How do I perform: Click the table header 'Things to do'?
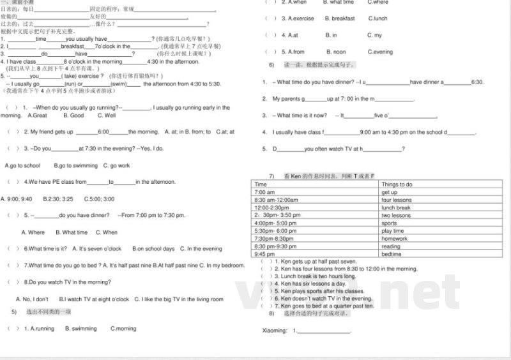(397, 184)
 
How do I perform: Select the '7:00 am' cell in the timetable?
(264, 192)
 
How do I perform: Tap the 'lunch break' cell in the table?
(396, 207)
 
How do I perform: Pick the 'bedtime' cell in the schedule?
(392, 254)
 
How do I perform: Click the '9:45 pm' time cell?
(264, 254)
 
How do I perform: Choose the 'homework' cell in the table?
(394, 239)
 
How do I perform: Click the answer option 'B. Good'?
(73, 116)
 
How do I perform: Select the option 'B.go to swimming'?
(75, 165)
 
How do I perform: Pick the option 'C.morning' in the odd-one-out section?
(123, 329)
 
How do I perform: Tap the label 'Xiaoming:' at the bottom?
(275, 331)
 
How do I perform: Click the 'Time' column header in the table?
(261, 184)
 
